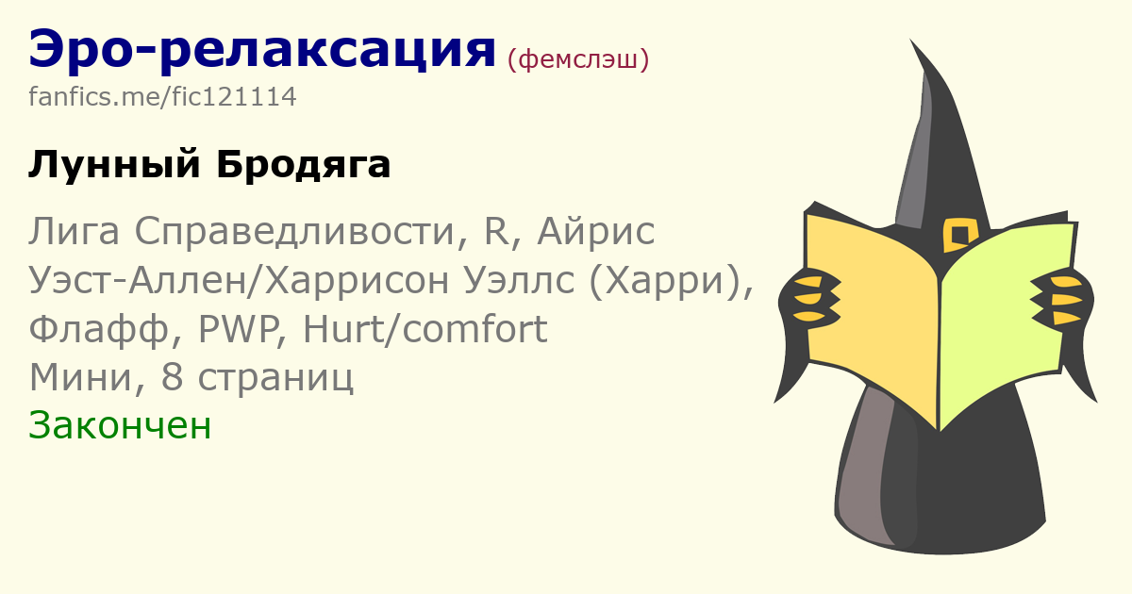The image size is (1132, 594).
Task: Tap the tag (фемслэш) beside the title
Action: [578, 60]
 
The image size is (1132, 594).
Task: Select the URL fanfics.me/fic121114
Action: [162, 96]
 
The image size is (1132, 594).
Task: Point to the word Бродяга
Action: [304, 165]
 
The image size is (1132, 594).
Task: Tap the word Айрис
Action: [596, 232]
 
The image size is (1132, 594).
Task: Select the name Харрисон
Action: [358, 281]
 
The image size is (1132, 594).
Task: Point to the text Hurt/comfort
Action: [424, 328]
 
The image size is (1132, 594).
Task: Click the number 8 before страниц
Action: [172, 377]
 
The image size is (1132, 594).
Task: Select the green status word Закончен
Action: [120, 426]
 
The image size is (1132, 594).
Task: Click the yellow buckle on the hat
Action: [960, 235]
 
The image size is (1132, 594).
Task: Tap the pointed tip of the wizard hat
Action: [911, 40]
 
